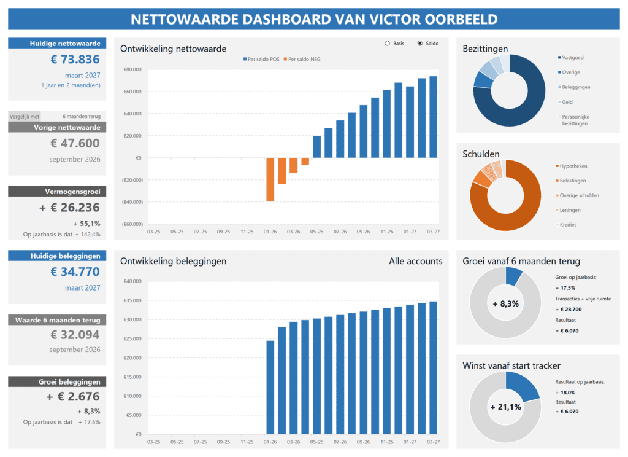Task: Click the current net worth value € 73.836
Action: click(x=74, y=60)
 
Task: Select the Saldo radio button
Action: click(x=420, y=44)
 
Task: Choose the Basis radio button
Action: click(x=387, y=44)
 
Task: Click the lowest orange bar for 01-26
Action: click(x=270, y=179)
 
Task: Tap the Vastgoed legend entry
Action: click(x=573, y=57)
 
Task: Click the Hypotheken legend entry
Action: click(x=575, y=166)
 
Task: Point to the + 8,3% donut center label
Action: click(x=505, y=303)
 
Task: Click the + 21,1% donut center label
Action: click(x=505, y=407)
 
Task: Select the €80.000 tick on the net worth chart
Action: click(x=133, y=69)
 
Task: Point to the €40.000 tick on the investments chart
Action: click(x=133, y=282)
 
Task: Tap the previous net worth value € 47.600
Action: click(x=74, y=144)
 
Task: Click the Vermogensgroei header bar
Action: click(x=57, y=192)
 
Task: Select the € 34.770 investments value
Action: click(x=74, y=271)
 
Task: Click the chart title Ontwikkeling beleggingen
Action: click(x=173, y=261)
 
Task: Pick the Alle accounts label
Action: click(x=415, y=261)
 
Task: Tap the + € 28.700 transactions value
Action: click(x=567, y=310)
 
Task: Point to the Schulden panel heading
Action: click(x=481, y=154)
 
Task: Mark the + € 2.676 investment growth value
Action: click(x=73, y=397)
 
